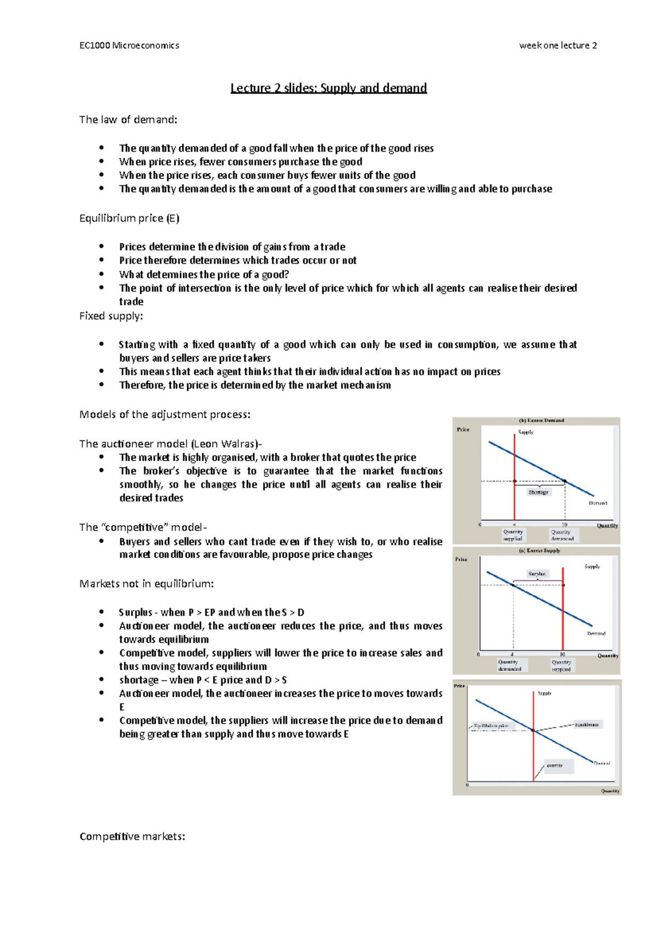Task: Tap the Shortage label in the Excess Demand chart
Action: (538, 492)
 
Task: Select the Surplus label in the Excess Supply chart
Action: (537, 574)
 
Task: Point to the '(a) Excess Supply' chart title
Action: (539, 551)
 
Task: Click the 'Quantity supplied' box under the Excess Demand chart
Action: (513, 535)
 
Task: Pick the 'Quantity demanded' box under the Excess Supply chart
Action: (510, 665)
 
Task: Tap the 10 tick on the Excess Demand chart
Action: (564, 524)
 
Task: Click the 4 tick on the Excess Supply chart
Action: (512, 654)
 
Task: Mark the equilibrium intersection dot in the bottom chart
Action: (533, 730)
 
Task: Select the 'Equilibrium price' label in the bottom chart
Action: (491, 726)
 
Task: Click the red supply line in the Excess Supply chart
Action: (563, 613)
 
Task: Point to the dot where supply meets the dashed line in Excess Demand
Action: (515, 481)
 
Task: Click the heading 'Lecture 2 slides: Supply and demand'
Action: (328, 88)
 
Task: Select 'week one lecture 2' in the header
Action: (558, 45)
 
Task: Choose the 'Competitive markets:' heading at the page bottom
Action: (132, 837)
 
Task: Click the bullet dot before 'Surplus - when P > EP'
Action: (102, 612)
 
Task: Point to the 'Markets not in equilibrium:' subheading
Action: (147, 584)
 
